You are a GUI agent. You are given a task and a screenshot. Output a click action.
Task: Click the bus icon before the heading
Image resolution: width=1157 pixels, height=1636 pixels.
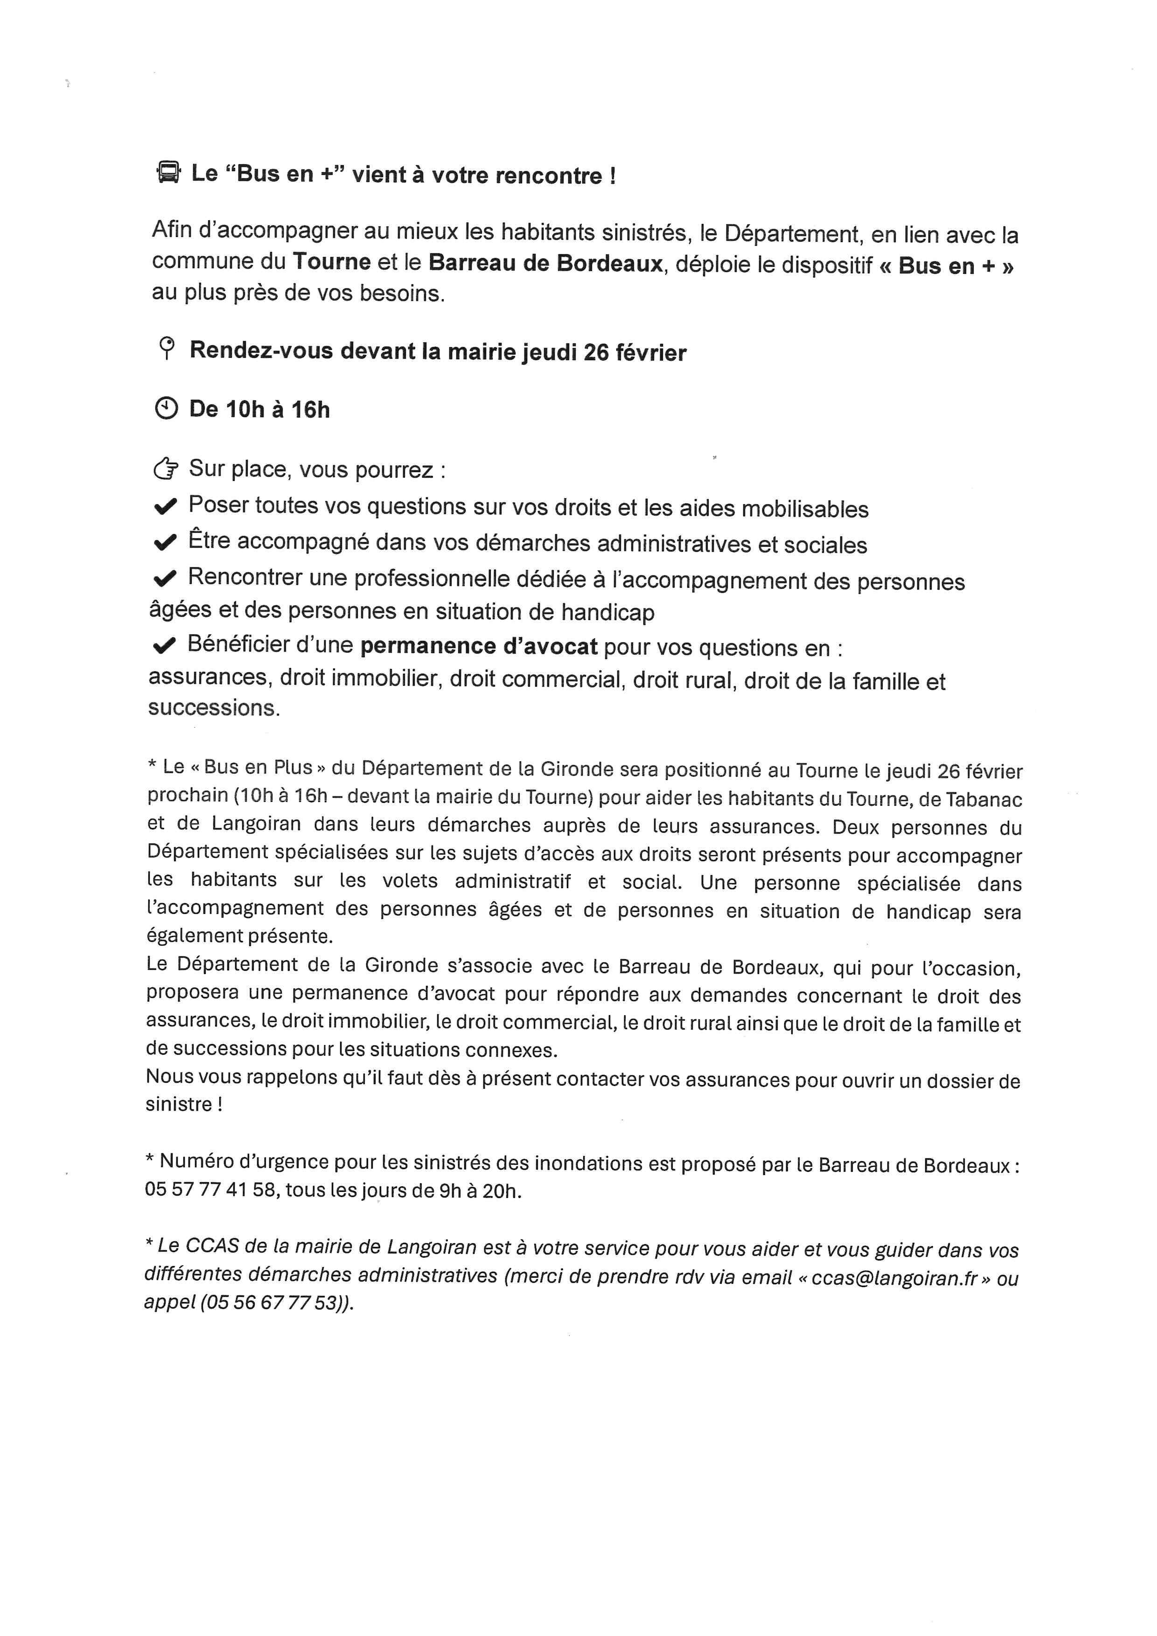click(168, 173)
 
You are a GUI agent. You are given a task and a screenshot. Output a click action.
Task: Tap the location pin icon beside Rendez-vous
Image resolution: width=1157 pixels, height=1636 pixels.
click(167, 349)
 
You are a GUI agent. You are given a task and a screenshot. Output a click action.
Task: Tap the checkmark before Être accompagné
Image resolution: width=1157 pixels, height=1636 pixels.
click(165, 543)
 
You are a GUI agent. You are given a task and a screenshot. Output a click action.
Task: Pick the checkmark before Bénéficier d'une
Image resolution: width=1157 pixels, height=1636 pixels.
click(165, 646)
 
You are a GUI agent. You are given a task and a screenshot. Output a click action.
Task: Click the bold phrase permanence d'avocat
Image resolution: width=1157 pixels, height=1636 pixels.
click(479, 646)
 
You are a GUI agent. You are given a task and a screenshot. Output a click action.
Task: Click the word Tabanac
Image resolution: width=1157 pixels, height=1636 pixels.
click(984, 800)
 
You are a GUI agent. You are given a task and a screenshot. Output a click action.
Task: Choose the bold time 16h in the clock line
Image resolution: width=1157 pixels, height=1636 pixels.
click(310, 410)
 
